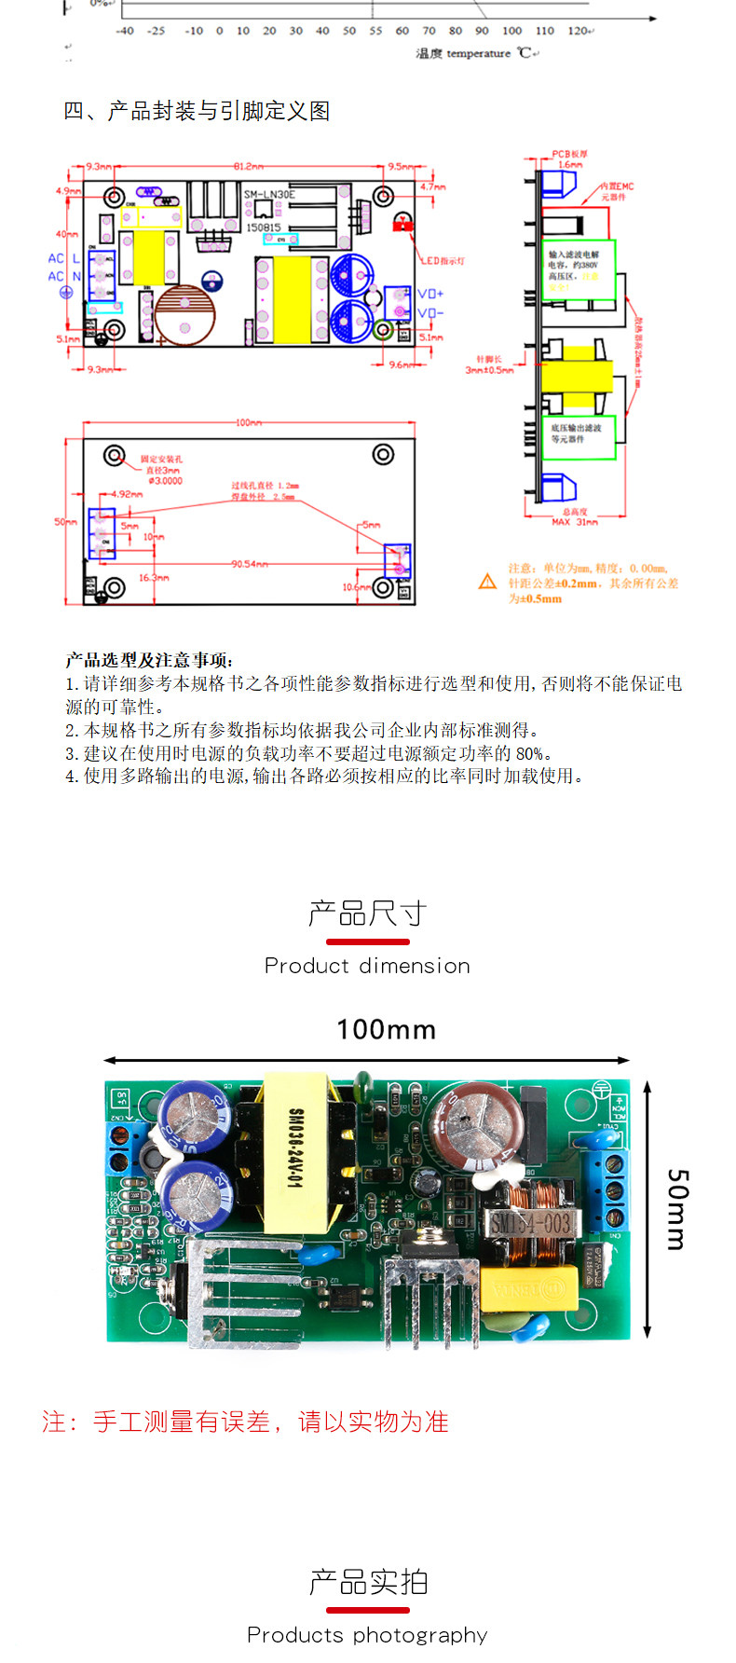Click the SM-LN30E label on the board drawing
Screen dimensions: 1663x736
(x=269, y=195)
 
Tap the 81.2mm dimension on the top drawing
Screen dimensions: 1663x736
(x=248, y=167)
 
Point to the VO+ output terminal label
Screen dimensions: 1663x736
(x=430, y=294)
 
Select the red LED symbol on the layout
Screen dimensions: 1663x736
(x=403, y=224)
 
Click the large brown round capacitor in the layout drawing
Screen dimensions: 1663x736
(x=185, y=315)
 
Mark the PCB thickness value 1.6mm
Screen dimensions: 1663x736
(x=570, y=164)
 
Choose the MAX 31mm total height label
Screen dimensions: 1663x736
(x=574, y=522)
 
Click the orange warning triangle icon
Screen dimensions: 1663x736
(x=487, y=582)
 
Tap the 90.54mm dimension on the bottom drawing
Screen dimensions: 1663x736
(x=250, y=564)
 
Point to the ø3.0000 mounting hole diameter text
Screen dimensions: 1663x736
(x=165, y=481)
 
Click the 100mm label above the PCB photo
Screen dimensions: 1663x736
(x=386, y=1029)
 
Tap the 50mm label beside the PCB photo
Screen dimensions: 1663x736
(x=677, y=1209)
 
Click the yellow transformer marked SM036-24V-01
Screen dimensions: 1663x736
(x=296, y=1148)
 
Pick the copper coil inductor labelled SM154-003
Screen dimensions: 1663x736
(x=530, y=1222)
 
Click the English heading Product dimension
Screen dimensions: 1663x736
(x=367, y=966)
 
